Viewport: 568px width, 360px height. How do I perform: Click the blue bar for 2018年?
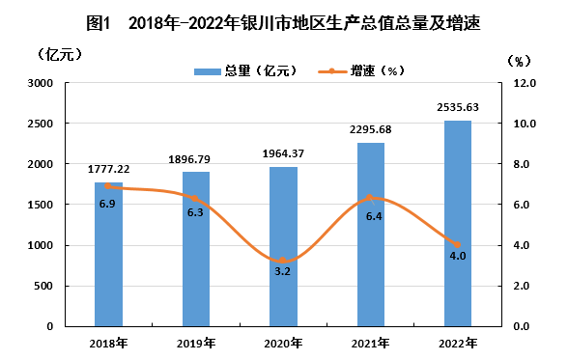tap(108, 255)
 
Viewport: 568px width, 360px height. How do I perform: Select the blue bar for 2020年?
tap(283, 247)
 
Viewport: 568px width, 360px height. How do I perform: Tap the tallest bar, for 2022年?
tap(458, 224)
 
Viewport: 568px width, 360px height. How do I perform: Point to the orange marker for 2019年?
tap(195, 198)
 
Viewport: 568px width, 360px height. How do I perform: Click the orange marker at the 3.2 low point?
tap(282, 261)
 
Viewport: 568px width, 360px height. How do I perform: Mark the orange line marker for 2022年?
tap(458, 244)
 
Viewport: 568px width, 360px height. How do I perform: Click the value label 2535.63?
tap(458, 107)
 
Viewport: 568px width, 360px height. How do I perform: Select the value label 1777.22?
tap(108, 169)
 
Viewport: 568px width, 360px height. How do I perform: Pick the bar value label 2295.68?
tap(371, 129)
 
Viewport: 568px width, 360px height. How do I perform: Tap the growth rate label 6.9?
tap(107, 204)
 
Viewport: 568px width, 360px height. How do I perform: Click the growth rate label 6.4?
tap(374, 216)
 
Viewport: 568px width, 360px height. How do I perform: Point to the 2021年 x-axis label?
tap(371, 343)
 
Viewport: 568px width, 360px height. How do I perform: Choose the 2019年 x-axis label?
tap(196, 343)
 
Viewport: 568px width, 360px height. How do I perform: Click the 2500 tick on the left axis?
tap(41, 124)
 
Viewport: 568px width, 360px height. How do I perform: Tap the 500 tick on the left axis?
tap(43, 286)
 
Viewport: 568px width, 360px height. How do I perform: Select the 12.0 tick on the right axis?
tap(525, 83)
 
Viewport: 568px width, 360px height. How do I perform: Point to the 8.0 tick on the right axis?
tap(522, 164)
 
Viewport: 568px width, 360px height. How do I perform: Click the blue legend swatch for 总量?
tap(207, 71)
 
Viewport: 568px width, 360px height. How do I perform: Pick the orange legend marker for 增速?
tap(332, 71)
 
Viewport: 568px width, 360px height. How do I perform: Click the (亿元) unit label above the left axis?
tap(60, 55)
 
